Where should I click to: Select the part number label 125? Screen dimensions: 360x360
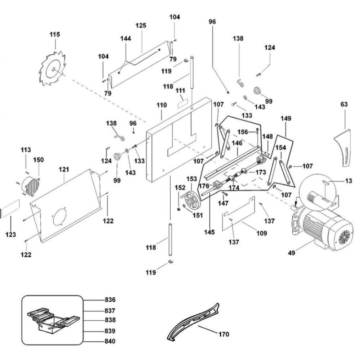(141, 26)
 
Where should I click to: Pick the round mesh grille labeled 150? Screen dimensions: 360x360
(31, 185)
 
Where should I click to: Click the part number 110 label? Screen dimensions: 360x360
(162, 105)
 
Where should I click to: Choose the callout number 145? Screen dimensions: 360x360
(209, 232)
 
